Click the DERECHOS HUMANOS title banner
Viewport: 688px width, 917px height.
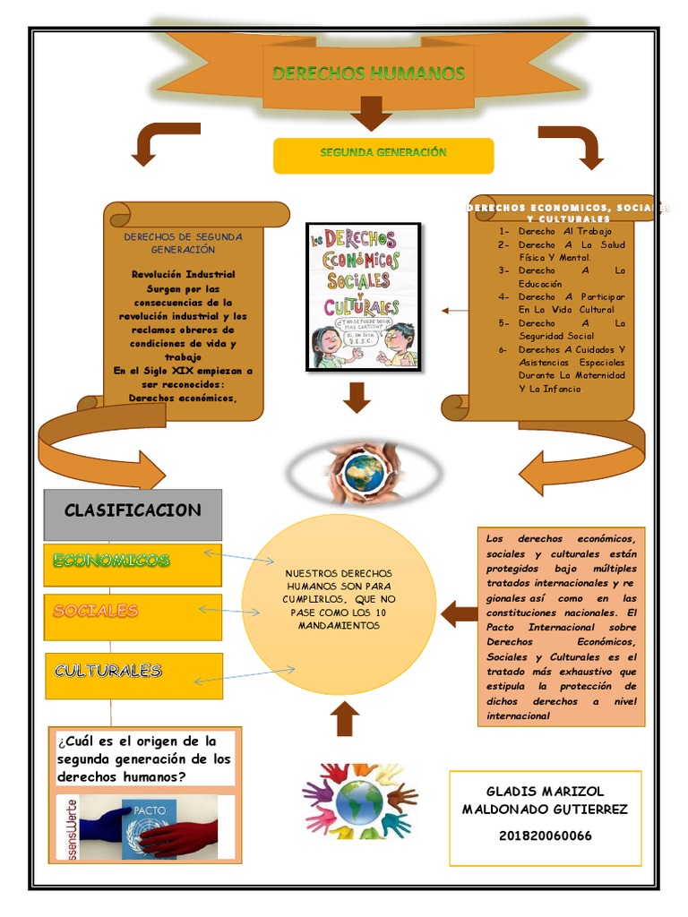tap(368, 73)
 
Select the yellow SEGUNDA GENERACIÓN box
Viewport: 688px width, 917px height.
tap(383, 154)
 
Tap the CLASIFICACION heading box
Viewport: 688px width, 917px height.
tap(133, 511)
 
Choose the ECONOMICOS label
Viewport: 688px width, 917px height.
tap(111, 561)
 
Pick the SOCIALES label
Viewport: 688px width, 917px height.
tap(96, 611)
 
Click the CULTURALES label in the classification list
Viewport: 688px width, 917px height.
tap(107, 670)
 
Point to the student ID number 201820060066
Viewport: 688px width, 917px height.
tap(545, 836)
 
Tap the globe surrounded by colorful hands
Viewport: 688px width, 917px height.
tap(359, 800)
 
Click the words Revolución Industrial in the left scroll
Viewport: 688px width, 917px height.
tap(184, 274)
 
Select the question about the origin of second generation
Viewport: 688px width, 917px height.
tap(143, 759)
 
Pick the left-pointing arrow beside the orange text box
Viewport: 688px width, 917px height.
tap(460, 613)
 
